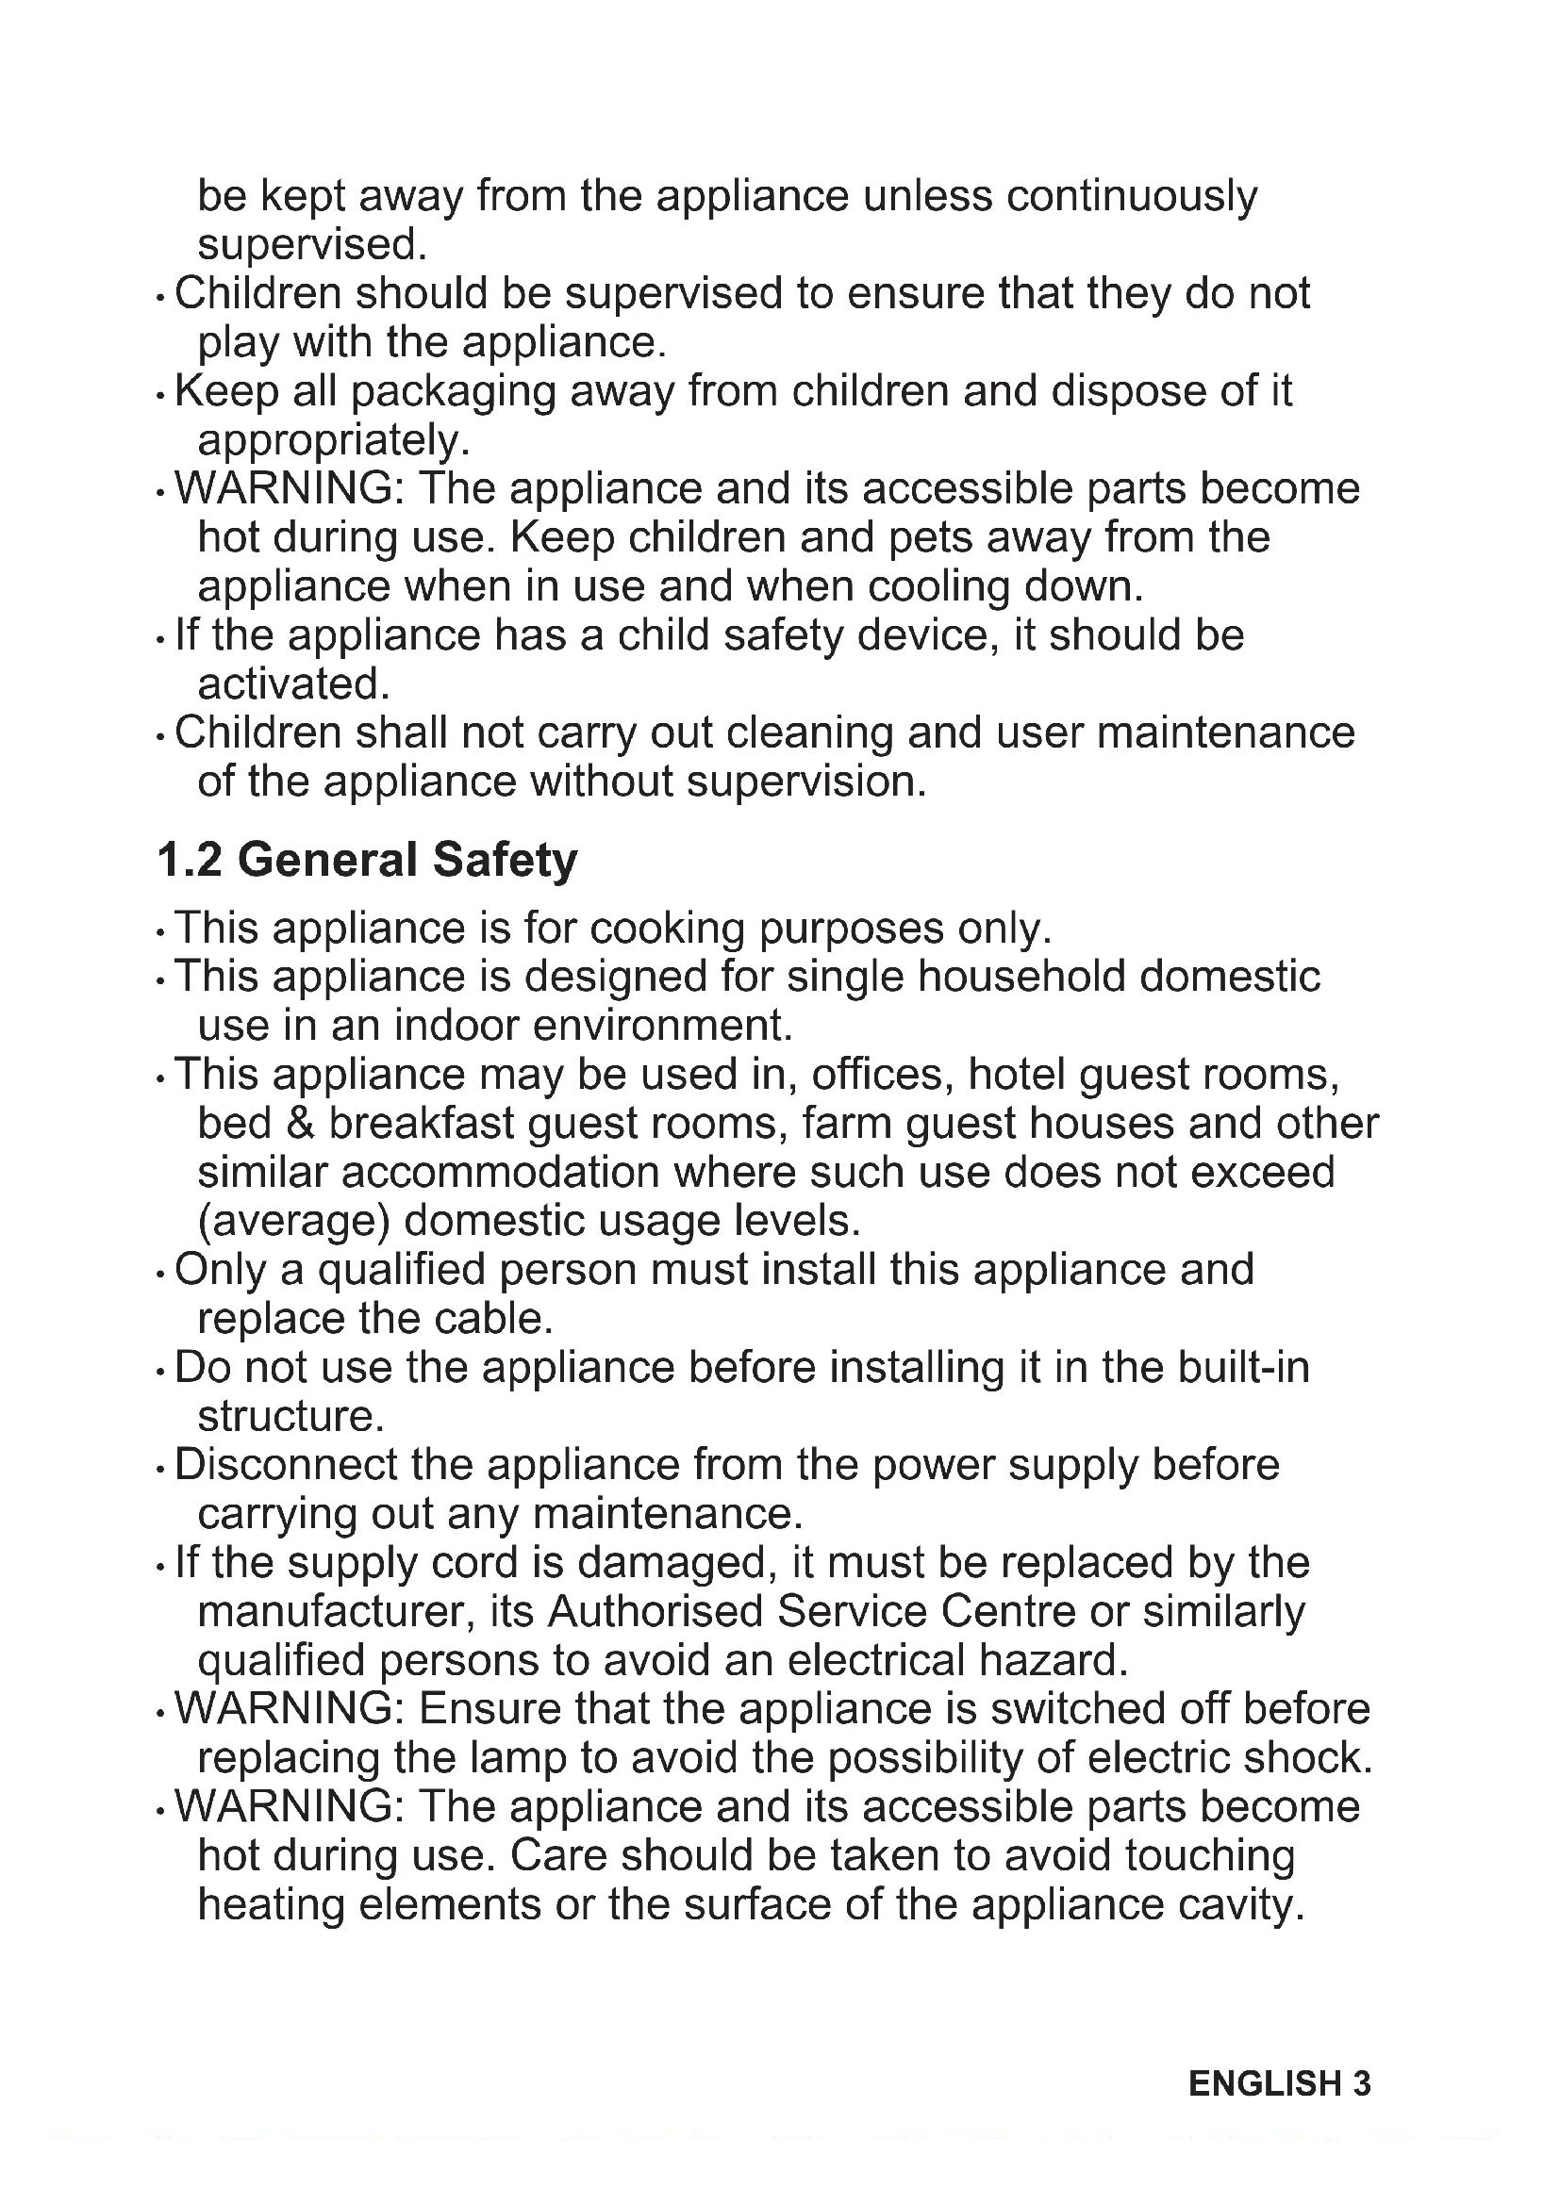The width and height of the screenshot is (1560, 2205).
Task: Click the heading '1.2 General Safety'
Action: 367,860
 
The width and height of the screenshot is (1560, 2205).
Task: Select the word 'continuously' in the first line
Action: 1132,196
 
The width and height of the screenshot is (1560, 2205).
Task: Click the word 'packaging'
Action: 453,392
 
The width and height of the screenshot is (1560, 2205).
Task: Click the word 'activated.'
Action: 294,684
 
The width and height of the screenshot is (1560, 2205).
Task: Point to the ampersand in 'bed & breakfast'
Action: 301,1124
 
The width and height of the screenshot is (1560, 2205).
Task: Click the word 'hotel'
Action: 1018,1074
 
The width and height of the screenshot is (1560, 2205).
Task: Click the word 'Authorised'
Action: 656,1612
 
